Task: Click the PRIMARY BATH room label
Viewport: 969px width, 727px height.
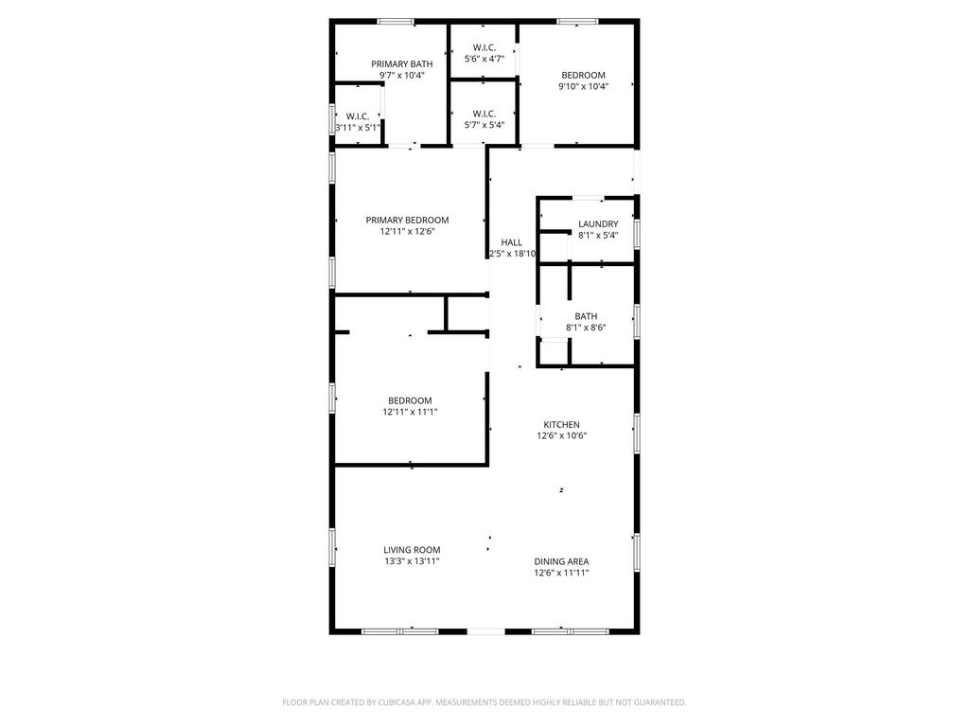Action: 401,63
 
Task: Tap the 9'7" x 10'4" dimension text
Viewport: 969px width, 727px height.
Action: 401,76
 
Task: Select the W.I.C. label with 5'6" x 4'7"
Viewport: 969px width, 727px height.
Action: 484,47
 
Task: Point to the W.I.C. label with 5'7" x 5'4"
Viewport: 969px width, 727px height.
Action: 484,114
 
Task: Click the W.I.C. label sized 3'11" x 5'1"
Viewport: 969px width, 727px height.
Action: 358,116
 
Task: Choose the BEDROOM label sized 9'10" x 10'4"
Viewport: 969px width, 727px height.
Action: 583,76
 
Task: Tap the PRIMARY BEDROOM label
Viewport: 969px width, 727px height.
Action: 407,220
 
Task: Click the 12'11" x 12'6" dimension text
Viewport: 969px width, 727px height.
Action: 407,232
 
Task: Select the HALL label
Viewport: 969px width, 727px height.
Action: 512,242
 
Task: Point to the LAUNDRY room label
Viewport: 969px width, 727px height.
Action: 598,223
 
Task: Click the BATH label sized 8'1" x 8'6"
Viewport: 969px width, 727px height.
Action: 586,316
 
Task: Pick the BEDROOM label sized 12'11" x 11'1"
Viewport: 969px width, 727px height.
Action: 411,400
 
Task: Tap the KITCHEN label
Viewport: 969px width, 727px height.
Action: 562,425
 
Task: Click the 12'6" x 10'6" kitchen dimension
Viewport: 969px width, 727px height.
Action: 562,435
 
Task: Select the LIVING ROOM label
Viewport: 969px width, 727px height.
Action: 413,550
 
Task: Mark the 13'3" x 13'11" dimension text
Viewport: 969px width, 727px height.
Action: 413,561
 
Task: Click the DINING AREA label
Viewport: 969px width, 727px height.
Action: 562,561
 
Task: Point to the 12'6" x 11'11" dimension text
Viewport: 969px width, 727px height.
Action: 562,573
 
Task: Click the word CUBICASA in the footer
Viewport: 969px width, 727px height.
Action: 400,702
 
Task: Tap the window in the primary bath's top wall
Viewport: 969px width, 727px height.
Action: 396,22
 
